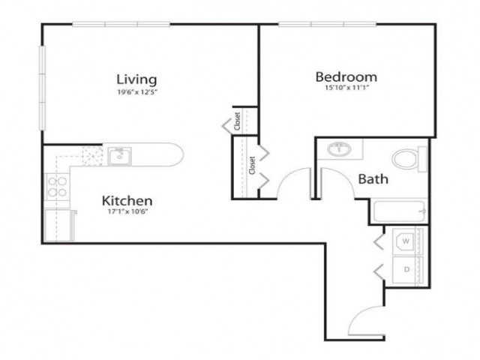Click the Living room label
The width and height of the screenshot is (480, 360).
click(136, 79)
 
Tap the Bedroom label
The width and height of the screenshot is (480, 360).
click(346, 76)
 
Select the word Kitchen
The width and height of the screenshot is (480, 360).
click(127, 201)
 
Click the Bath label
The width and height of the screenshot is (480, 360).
click(373, 178)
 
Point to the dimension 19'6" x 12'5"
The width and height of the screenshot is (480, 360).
click(137, 92)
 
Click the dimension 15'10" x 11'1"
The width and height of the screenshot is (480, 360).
click(346, 88)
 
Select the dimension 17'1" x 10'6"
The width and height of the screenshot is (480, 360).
click(127, 211)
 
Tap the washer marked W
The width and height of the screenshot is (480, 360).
click(405, 241)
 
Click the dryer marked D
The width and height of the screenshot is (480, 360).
click(405, 270)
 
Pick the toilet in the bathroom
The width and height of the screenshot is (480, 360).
click(409, 160)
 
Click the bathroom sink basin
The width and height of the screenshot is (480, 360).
click(339, 149)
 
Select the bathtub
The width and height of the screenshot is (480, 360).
click(399, 211)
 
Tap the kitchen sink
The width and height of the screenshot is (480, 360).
click(119, 156)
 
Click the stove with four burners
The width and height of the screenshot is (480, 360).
click(57, 187)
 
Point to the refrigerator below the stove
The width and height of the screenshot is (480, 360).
click(58, 225)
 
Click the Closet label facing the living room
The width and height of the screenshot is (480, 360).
click(238, 121)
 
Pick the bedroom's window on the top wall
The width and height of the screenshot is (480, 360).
click(327, 24)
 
